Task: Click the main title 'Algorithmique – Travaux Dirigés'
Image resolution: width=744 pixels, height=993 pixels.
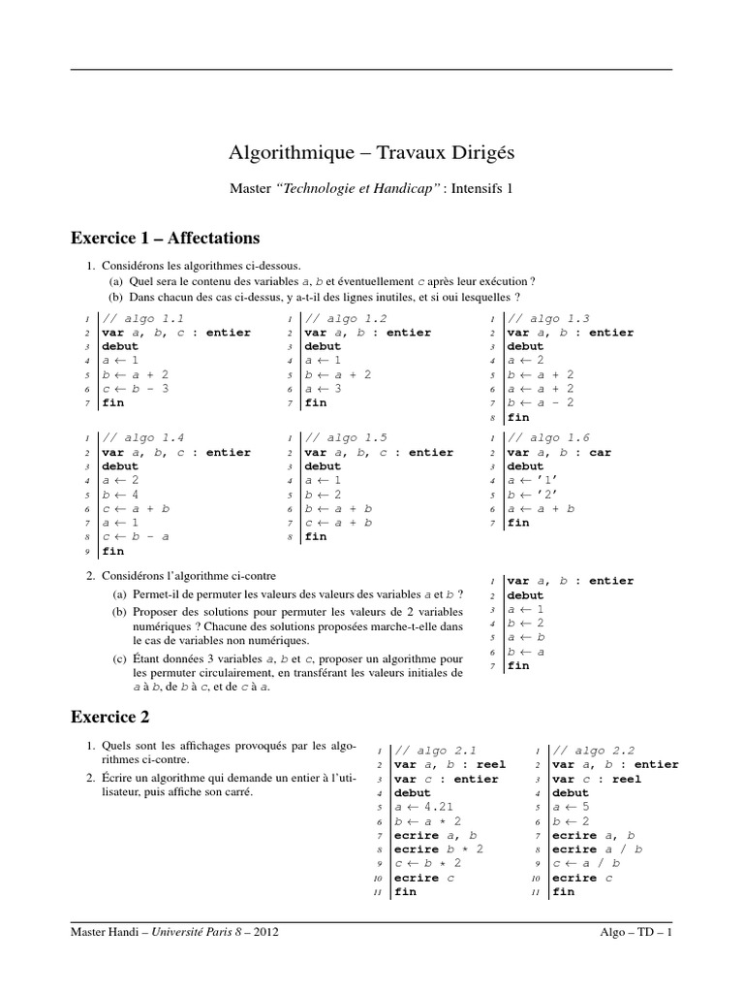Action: [x=371, y=153]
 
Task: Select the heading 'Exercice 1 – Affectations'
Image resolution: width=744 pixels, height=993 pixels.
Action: [x=165, y=238]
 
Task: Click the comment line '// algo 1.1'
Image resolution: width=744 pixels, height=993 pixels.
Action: [x=142, y=318]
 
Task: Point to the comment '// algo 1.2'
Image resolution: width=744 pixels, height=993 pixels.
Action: [x=346, y=318]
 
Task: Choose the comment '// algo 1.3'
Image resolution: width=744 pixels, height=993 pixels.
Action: [x=548, y=318]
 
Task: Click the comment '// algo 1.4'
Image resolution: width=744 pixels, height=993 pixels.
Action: [x=142, y=438]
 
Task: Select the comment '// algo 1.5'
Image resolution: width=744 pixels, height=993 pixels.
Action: [x=346, y=438]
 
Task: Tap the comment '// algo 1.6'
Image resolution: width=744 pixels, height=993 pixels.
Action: [x=548, y=438]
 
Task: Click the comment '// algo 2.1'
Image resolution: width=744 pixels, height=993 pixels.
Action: [x=435, y=751]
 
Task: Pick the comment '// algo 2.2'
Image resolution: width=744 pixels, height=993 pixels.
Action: [x=593, y=751]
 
